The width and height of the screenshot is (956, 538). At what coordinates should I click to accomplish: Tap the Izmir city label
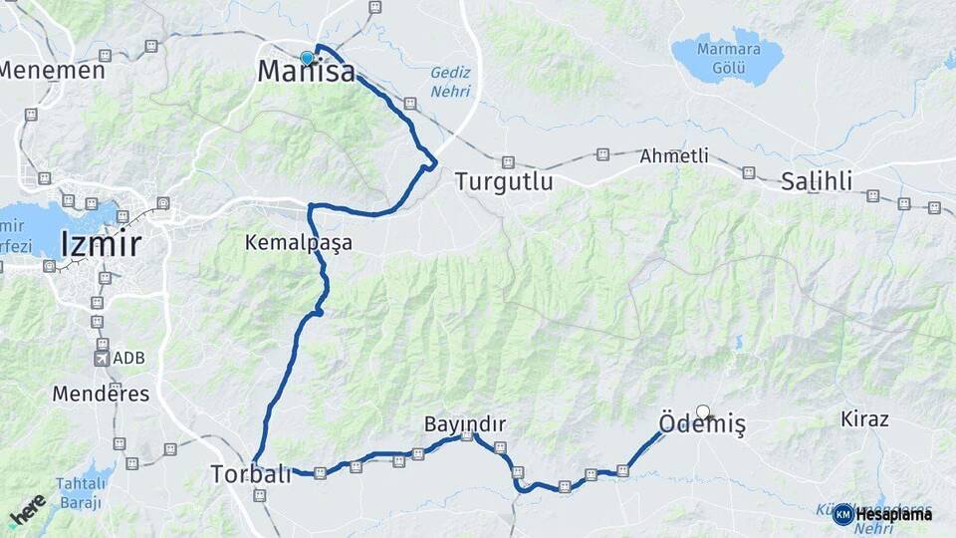[101, 244]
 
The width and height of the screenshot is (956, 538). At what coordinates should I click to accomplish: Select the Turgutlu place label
[503, 181]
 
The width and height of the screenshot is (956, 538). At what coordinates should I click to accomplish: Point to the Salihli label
[817, 181]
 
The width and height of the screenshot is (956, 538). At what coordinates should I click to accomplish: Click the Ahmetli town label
[674, 156]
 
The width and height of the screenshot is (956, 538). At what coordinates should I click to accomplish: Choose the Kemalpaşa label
[299, 243]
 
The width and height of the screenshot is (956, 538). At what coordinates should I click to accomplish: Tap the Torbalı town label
[251, 474]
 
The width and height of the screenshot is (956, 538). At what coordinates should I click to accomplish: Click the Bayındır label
[465, 424]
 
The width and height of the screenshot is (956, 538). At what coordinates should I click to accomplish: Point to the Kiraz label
[864, 418]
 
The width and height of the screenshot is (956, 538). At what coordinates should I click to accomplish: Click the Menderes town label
[101, 394]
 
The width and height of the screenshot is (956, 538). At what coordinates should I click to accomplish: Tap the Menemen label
[52, 71]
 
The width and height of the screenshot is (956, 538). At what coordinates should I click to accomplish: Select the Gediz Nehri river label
[449, 82]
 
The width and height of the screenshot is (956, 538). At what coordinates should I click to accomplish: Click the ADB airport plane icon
[102, 358]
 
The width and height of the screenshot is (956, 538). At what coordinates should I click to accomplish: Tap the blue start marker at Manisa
[307, 58]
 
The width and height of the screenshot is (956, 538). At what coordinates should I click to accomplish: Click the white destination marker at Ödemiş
[704, 411]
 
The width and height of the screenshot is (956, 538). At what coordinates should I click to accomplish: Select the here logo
[27, 510]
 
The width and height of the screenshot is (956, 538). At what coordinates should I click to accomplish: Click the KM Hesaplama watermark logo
[883, 514]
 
